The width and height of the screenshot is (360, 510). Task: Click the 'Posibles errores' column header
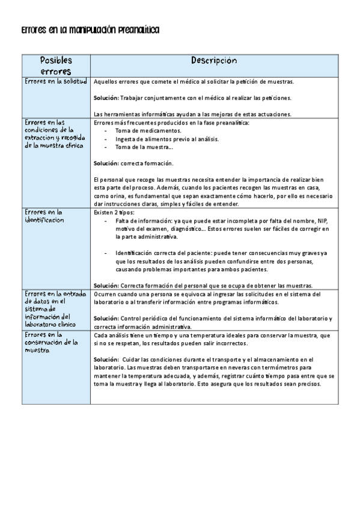56,66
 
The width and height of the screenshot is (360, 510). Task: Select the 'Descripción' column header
214,61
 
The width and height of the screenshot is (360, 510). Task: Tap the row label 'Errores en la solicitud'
56,81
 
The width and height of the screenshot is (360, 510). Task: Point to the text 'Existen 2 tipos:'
114,212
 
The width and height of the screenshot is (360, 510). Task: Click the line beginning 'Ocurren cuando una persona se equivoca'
207,293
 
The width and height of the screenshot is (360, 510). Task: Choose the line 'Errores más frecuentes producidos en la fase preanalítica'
171,122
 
